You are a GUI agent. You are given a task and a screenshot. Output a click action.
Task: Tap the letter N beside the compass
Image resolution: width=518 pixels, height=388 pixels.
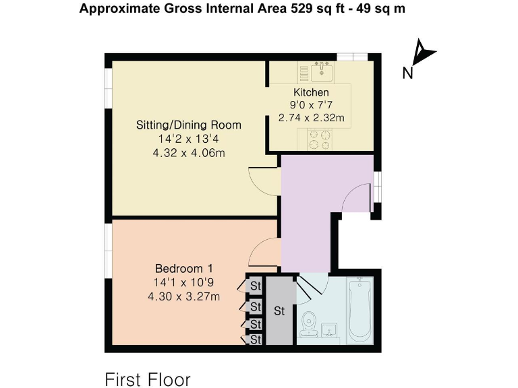[x=407, y=73]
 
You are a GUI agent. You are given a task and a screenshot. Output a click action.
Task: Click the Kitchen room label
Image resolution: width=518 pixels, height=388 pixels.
[x=311, y=92]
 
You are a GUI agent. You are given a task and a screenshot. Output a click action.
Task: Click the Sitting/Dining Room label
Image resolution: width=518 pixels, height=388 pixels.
[x=188, y=125]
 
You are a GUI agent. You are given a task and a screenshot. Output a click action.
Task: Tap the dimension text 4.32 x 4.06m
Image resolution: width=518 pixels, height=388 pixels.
[x=188, y=153]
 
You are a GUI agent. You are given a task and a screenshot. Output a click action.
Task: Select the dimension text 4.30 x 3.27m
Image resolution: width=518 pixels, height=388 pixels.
[x=187, y=294]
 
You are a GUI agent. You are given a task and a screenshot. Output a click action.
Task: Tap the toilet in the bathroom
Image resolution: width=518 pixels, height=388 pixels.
[x=309, y=322]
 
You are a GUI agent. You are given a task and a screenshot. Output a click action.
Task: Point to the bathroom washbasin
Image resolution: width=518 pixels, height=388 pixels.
[x=330, y=330]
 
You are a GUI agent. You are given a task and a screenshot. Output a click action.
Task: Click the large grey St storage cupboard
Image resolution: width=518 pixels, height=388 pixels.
[x=279, y=311]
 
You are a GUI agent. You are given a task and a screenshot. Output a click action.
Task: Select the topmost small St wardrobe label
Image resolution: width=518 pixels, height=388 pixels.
[x=256, y=285]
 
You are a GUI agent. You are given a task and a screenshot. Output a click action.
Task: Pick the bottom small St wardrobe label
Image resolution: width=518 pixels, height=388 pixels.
[x=256, y=340]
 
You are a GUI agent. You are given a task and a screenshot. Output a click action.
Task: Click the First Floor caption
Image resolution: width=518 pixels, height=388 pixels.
[x=148, y=379]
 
